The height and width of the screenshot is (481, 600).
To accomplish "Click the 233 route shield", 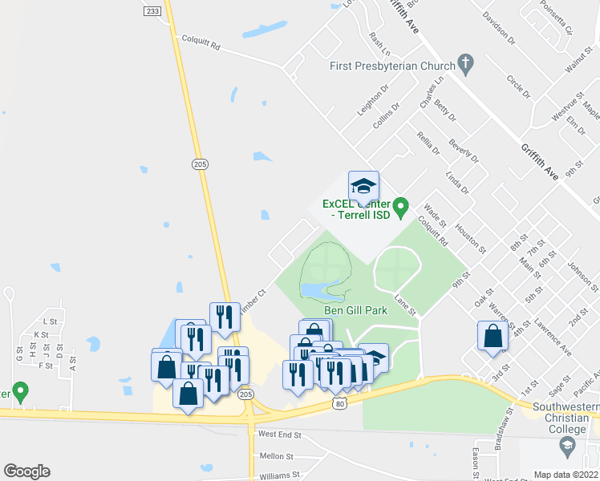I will pos(153,12).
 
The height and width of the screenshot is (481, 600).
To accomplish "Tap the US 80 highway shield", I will pos(341,406).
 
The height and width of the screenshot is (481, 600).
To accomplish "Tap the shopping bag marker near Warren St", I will pos(493,337).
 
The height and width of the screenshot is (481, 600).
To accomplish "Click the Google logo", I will pos(26,471).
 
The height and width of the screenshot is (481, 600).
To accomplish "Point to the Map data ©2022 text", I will pos(565,475).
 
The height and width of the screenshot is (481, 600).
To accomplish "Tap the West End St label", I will pos(279,435).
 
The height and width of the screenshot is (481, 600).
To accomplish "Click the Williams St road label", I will pos(279,475).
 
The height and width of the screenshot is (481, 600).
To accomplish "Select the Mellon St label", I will pos(277,455).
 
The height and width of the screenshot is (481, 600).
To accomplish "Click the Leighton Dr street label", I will pos(373,100).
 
